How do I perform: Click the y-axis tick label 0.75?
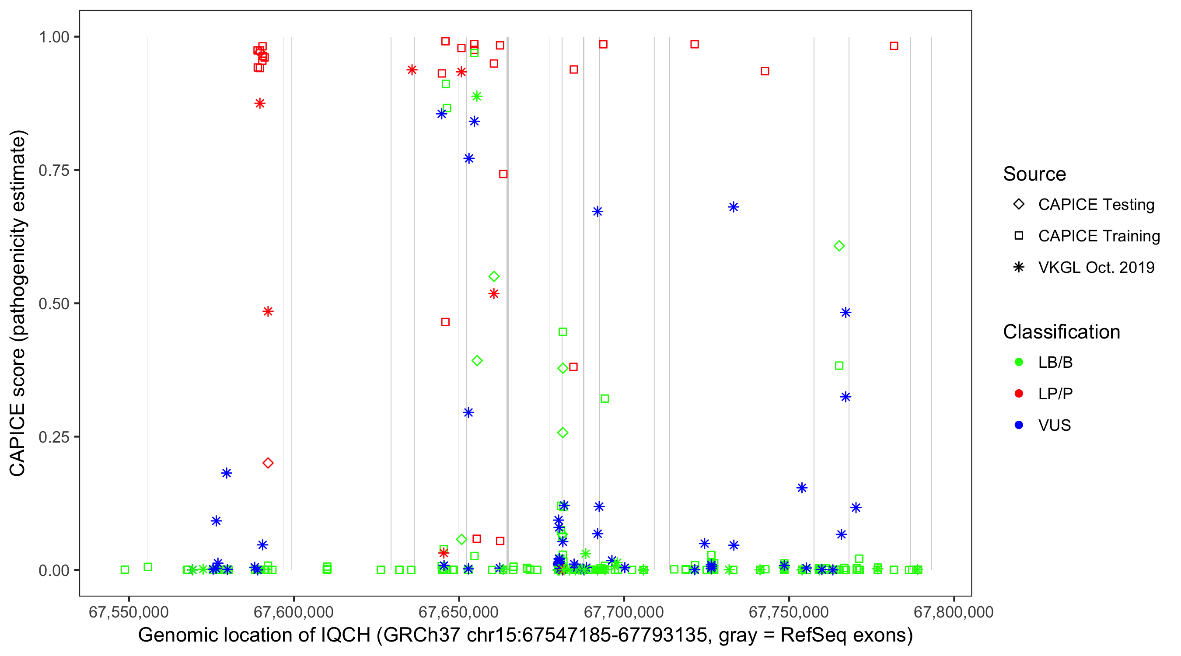coord(53,171)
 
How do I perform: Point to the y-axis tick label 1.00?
coord(53,37)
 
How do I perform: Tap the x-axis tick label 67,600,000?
coord(294,612)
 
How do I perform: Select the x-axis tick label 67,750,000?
coord(789,612)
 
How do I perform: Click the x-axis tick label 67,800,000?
coord(954,612)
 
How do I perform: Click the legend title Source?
coord(1034,174)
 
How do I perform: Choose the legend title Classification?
coord(1061,332)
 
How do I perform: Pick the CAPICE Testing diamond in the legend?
coord(1019,205)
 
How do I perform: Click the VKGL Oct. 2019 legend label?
coord(1096,267)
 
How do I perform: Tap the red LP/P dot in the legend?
coord(1019,394)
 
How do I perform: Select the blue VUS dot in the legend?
coord(1019,425)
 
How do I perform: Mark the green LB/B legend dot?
coord(1019,362)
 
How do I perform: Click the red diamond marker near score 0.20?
coord(268,463)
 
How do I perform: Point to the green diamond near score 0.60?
coord(839,246)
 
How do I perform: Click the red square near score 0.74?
coord(503,174)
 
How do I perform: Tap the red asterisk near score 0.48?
coord(268,312)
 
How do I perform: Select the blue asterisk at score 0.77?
coord(468,159)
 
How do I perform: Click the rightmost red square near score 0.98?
coord(894,46)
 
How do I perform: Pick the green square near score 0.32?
coord(604,399)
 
